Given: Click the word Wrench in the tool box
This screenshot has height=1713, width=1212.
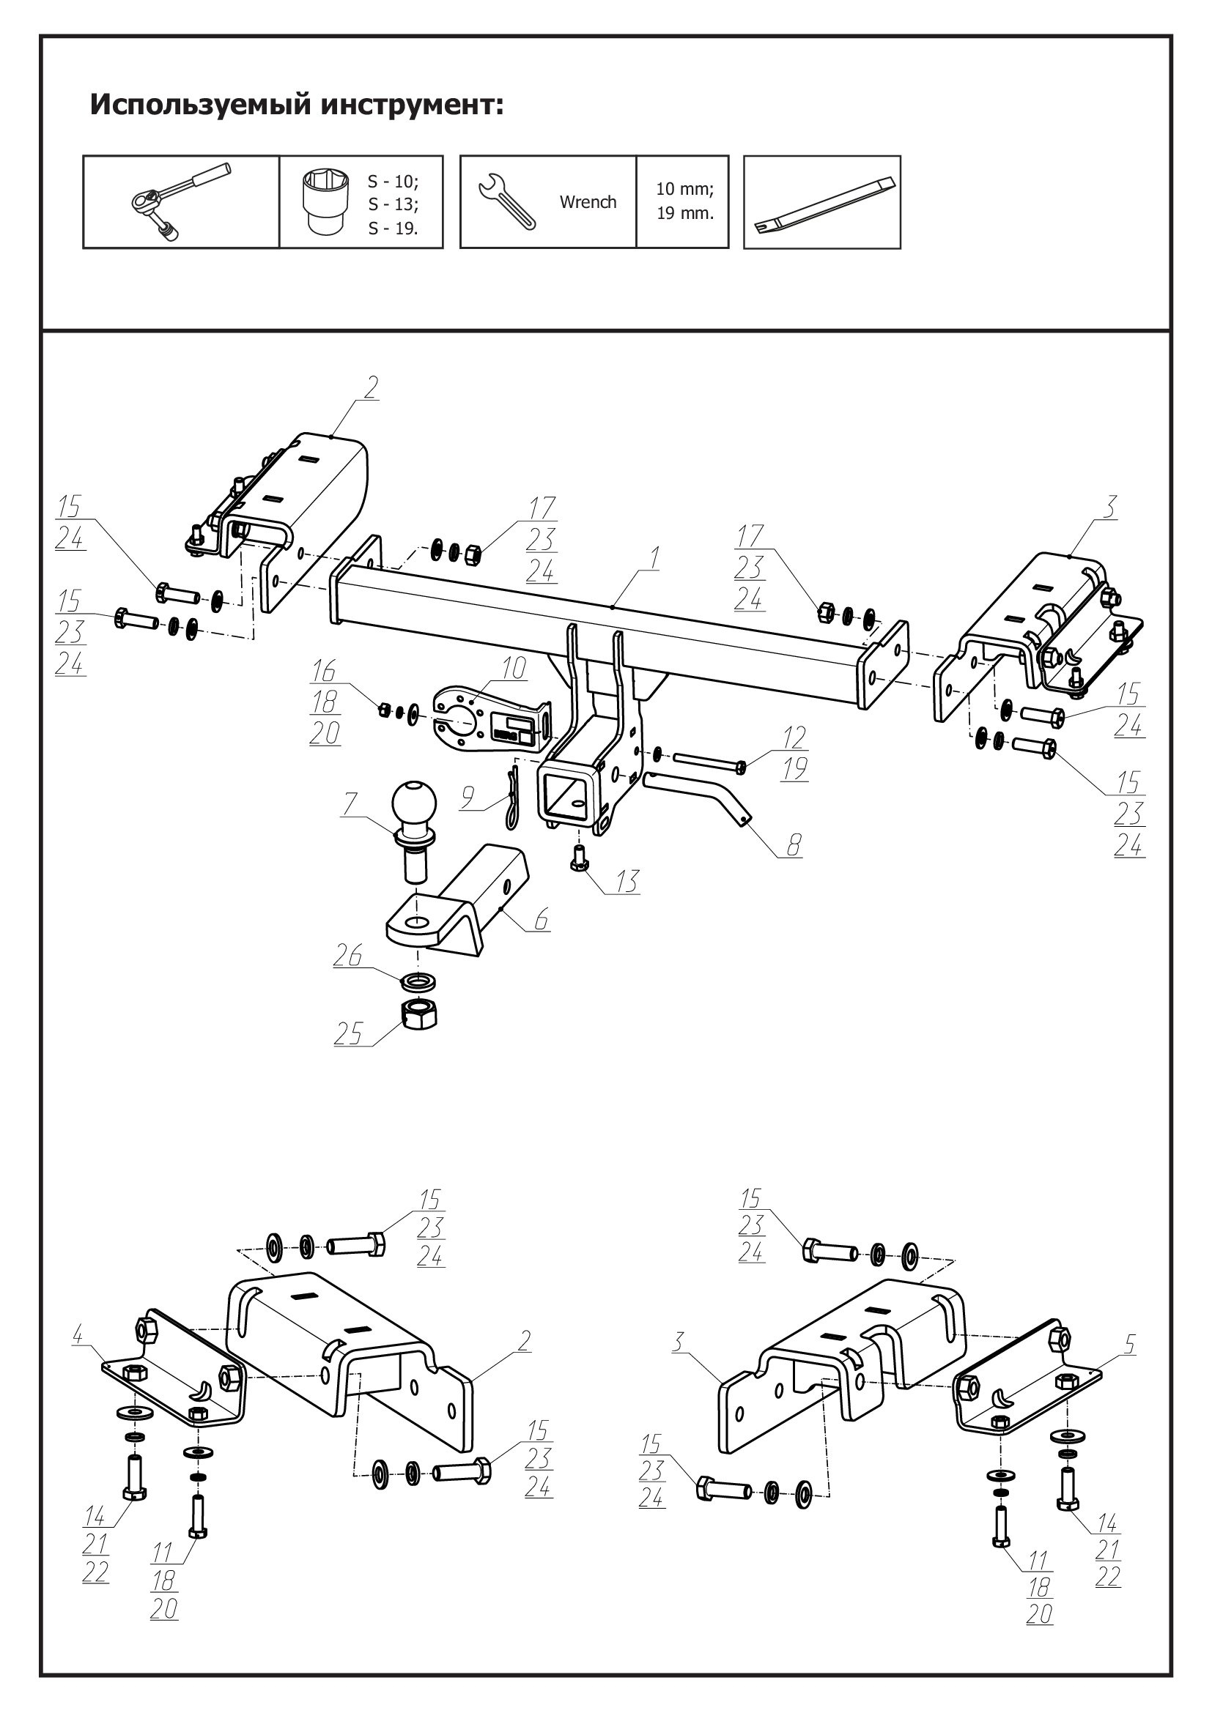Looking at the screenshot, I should coord(588,202).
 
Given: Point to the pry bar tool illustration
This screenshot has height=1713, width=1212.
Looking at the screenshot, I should coord(824,203).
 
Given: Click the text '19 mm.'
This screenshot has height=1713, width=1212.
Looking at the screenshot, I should coord(684,213).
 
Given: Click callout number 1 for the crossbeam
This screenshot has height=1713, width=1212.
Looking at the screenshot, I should coord(654,557).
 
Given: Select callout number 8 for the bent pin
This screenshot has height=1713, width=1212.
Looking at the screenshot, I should coord(793,845).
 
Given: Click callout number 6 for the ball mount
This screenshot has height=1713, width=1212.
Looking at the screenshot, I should coord(541,918).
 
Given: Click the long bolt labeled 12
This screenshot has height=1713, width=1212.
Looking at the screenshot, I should coord(709,762).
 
